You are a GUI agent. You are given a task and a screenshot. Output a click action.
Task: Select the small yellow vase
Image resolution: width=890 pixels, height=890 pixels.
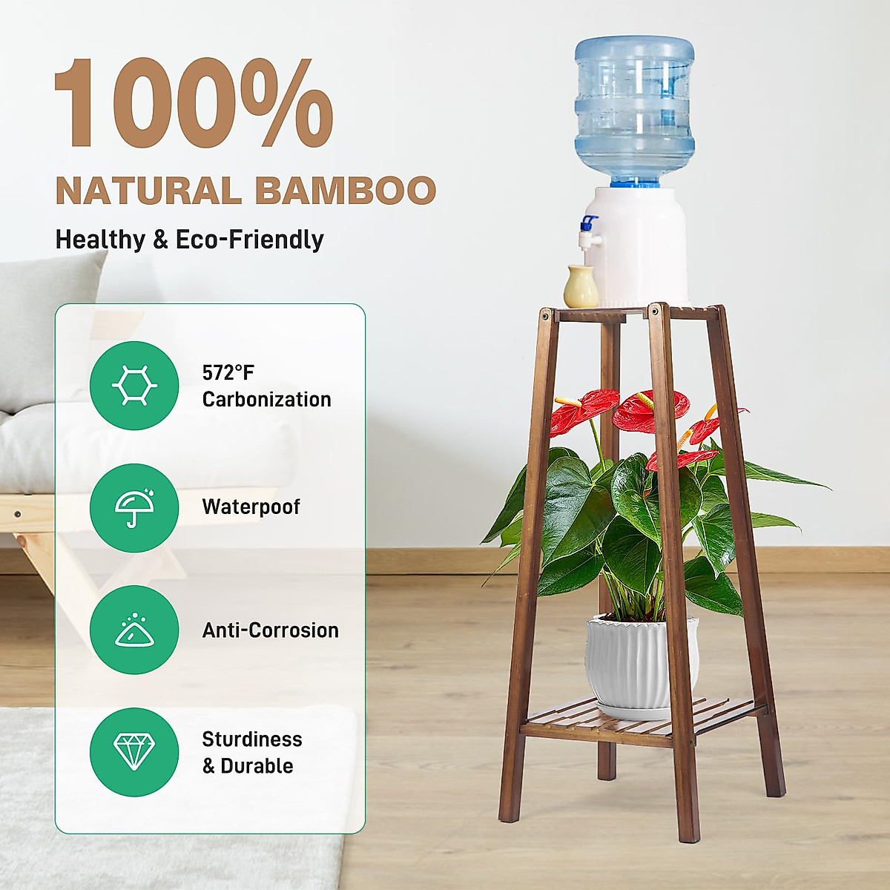(580, 287)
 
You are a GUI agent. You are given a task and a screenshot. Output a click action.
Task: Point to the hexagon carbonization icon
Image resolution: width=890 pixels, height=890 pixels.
(134, 386)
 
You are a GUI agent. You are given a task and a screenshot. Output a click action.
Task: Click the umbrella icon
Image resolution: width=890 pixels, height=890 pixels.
(134, 508)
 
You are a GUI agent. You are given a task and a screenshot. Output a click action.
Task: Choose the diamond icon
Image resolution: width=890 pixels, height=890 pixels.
(134, 752)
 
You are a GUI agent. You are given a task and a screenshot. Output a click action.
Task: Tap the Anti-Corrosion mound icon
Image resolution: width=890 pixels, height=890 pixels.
(134, 630)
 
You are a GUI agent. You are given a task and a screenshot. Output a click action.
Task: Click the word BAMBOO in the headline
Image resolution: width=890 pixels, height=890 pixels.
(346, 191)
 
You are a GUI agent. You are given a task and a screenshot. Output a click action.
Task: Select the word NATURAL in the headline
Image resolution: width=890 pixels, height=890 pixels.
(148, 191)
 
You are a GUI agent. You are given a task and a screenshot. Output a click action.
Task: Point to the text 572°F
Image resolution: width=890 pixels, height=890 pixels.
(228, 373)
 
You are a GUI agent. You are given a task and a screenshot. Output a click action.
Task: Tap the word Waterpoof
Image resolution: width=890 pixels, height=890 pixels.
(251, 507)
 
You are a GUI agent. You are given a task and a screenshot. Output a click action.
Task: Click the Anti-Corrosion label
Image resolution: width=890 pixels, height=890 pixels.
(270, 630)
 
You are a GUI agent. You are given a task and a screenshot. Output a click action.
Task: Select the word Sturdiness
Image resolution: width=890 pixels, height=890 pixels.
(252, 739)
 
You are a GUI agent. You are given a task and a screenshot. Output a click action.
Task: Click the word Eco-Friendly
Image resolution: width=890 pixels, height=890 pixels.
(249, 240)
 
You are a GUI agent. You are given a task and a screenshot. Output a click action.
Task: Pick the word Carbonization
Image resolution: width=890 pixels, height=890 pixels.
(266, 400)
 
